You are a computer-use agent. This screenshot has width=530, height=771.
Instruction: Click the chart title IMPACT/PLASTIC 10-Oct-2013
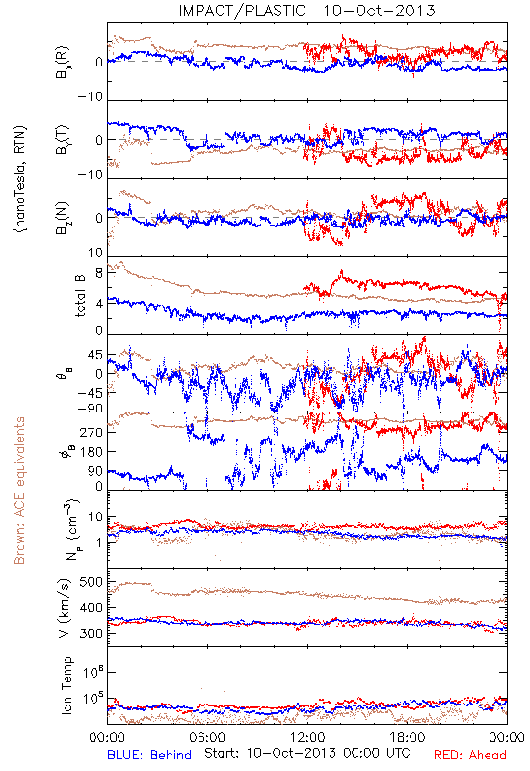pyautogui.click(x=306, y=11)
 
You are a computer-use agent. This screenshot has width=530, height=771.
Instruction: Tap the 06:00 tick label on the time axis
pyautogui.click(x=207, y=737)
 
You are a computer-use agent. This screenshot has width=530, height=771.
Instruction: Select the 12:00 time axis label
pyautogui.click(x=307, y=737)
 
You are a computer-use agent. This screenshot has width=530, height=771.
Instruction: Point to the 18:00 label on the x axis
pyautogui.click(x=408, y=737)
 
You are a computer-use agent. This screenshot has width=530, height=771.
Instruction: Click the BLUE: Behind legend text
pyautogui.click(x=149, y=755)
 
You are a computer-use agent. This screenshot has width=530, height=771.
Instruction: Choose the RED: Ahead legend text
pyautogui.click(x=469, y=755)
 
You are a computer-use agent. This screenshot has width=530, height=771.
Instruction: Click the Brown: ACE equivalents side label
pyautogui.click(x=19, y=491)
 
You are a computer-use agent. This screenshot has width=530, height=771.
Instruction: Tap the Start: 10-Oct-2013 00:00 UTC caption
pyautogui.click(x=306, y=753)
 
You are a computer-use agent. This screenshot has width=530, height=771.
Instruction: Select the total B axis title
pyautogui.click(x=80, y=295)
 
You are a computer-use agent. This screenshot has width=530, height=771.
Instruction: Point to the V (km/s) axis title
pyautogui.click(x=65, y=608)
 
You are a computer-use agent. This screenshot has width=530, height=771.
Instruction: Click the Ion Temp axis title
pyautogui.click(x=66, y=684)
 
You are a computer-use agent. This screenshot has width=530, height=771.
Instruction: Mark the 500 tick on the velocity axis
pyautogui.click(x=91, y=582)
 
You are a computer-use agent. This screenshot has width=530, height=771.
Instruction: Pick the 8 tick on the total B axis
pyautogui.click(x=99, y=273)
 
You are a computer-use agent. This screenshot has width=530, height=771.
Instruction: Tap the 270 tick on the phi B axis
pyautogui.click(x=92, y=432)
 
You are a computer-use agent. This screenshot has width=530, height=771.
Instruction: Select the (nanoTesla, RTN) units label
pyautogui.click(x=20, y=179)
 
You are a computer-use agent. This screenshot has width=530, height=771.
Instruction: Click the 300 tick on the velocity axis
pyautogui.click(x=91, y=633)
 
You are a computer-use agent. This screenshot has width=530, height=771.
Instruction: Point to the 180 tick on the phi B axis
pyautogui.click(x=92, y=451)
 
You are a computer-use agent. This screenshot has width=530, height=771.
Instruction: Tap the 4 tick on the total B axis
pyautogui.click(x=99, y=304)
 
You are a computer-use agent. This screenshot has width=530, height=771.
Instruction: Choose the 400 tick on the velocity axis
pyautogui.click(x=91, y=608)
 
